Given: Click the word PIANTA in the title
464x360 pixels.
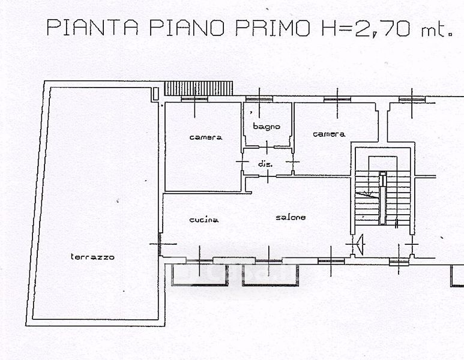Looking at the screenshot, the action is pos(92,28).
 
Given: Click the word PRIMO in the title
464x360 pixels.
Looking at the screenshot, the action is pos(273,28).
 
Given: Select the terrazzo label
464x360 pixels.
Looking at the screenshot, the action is pos(92,257).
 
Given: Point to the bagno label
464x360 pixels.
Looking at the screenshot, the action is pos(267,127).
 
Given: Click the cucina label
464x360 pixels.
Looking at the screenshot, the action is pos(204,220).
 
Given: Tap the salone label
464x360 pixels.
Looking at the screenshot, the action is pos(291,217).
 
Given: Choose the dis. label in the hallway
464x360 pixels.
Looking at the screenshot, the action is pos(265,164).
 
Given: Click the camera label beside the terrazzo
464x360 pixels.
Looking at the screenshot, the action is pos(206,137).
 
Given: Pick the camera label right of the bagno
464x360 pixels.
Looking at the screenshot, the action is pos(329,134).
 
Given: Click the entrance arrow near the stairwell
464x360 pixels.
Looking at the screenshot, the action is pos(360,244).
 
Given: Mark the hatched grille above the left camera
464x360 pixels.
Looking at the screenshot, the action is pos(199,88).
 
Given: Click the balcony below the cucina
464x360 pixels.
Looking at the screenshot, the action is pos(199,275).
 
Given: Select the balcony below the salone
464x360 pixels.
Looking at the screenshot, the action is pos(270,275).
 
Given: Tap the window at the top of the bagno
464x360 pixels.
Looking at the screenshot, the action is pos(259,99).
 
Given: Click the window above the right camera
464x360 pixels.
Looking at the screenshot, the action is pos(337,100).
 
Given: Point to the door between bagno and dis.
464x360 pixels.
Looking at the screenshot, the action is pos(267,147).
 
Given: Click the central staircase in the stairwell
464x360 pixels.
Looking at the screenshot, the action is pos(382,197).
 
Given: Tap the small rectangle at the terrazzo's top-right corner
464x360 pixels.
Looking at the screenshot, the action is pos(155,94).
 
